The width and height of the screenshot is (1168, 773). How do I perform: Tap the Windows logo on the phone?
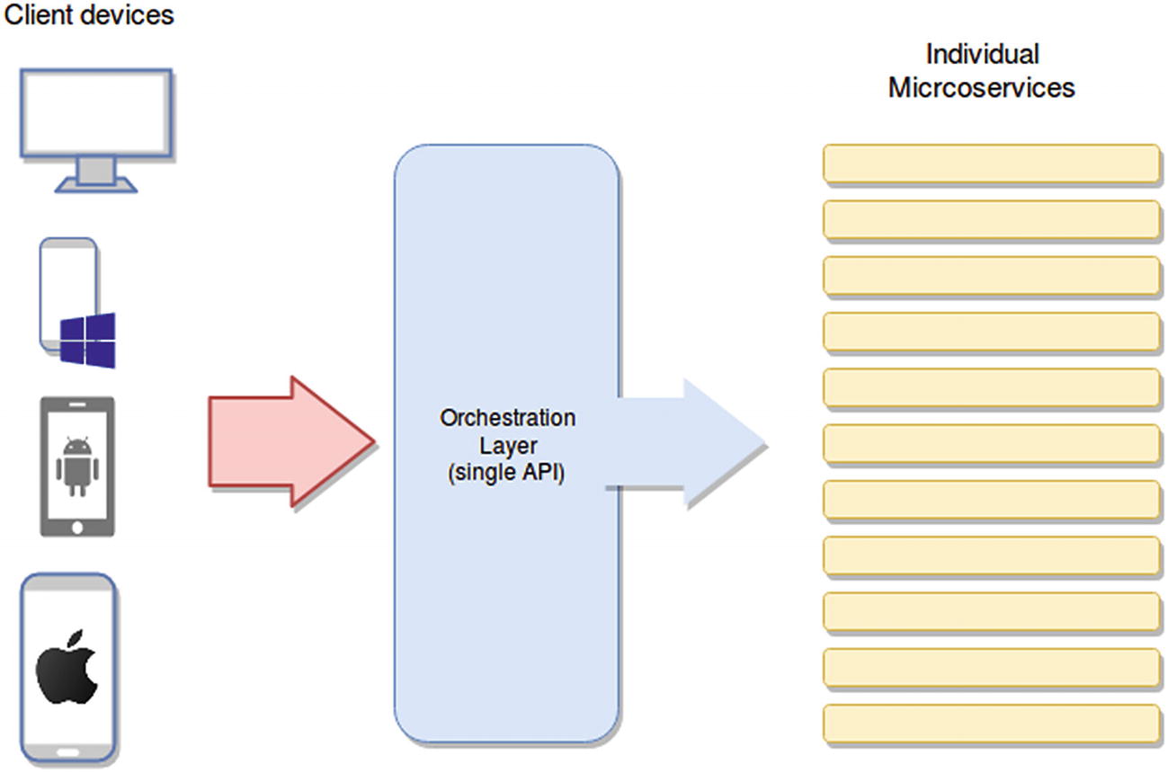pos(88,341)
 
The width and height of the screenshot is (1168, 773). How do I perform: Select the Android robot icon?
pos(76,466)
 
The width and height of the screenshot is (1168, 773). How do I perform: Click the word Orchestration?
pos(507,419)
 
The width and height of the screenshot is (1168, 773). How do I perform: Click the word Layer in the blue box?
pos(506,448)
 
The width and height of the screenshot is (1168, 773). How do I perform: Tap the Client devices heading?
pos(88,15)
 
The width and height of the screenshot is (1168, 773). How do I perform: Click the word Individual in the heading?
pos(982,56)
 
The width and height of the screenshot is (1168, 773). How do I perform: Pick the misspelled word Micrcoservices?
pos(982,88)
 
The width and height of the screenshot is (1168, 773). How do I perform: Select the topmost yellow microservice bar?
pos(992,164)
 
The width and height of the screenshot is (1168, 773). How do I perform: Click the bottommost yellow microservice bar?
pos(992,723)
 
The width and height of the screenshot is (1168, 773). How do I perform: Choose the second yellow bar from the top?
pos(992,219)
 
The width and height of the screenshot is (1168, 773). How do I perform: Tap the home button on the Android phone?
pos(77,525)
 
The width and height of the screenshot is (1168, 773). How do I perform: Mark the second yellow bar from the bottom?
pos(992,667)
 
